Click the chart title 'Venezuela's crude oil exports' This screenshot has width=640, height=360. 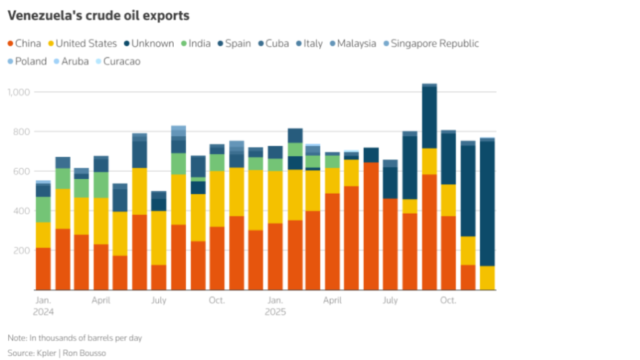coord(98,16)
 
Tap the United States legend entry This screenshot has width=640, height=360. coord(81,44)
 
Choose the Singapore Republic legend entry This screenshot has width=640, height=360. coord(429,44)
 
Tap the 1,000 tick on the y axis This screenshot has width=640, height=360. coord(19,92)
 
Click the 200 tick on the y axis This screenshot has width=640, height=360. coord(22,250)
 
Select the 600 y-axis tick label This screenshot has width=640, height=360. coord(22,171)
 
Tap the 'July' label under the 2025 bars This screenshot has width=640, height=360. coord(390,301)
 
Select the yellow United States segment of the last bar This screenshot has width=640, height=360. coord(487,277)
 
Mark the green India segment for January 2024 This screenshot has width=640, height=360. coord(43,209)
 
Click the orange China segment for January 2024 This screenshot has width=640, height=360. coord(43,269)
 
